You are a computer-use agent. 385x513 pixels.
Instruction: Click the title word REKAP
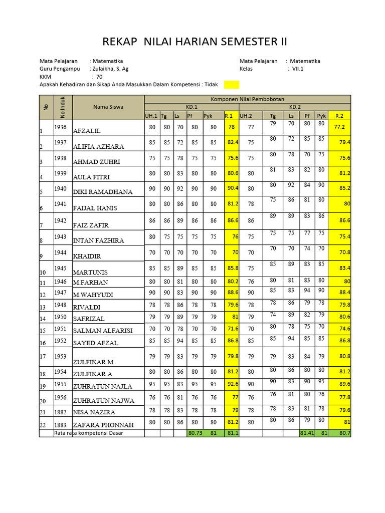pyautogui.click(x=120, y=41)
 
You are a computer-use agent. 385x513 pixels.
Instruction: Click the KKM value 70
pyautogui.click(x=99, y=77)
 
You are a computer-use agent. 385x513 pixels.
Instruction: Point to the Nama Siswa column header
pyautogui.click(x=108, y=106)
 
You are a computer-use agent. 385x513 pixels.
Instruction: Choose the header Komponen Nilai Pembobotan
pyautogui.click(x=248, y=99)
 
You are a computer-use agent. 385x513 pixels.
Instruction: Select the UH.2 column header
pyautogui.click(x=246, y=116)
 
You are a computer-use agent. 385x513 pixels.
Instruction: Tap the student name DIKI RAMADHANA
pyautogui.click(x=103, y=191)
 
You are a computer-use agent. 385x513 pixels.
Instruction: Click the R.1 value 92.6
pyautogui.click(x=231, y=385)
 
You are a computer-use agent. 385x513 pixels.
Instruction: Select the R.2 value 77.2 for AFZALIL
pyautogui.click(x=339, y=127)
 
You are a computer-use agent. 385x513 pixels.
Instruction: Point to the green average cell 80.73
pyautogui.click(x=195, y=433)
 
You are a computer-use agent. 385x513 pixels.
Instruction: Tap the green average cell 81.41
pyautogui.click(x=307, y=433)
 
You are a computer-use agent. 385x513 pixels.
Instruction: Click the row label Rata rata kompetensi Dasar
pyautogui.click(x=88, y=433)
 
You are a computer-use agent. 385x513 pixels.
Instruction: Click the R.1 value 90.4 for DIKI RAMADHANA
pyautogui.click(x=231, y=188)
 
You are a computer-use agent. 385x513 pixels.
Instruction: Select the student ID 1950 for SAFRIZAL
pyautogui.click(x=60, y=317)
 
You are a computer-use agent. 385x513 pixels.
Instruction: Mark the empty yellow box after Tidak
pyautogui.click(x=232, y=85)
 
